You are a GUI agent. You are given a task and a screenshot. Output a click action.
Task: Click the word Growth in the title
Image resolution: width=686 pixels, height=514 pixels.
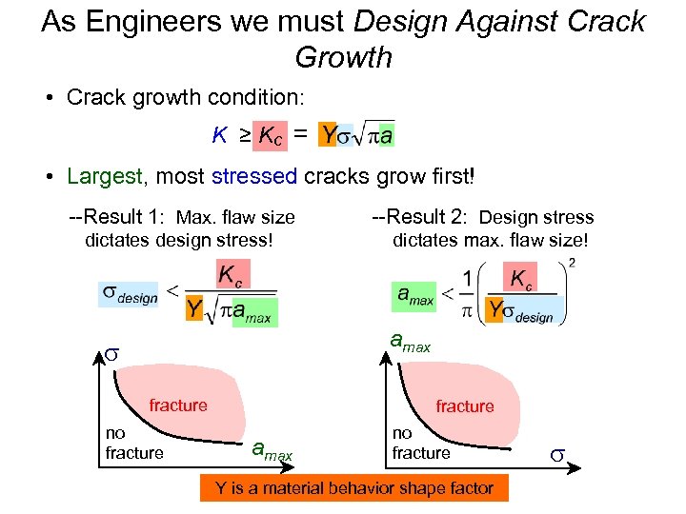(x=343, y=57)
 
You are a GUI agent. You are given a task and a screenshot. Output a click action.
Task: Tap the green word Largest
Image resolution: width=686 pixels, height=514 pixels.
(x=105, y=176)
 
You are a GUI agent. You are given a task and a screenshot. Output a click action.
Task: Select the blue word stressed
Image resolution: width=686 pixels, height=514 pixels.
(x=255, y=176)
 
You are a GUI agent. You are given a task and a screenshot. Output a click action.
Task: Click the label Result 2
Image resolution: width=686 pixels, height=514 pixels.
(x=419, y=218)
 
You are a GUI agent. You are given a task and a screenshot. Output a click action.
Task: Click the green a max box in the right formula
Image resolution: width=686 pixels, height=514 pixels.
(x=415, y=294)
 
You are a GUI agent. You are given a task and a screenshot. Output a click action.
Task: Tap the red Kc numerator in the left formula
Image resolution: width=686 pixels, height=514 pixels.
(x=232, y=276)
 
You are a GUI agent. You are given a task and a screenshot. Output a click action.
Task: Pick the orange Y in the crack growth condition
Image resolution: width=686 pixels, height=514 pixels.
(x=329, y=136)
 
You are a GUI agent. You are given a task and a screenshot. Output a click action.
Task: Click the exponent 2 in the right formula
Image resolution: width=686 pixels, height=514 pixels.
(x=571, y=263)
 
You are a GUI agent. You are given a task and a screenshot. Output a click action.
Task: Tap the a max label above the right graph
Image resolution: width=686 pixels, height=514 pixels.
(x=411, y=342)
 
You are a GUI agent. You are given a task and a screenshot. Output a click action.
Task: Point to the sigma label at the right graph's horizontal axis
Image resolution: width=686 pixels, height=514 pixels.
(x=558, y=454)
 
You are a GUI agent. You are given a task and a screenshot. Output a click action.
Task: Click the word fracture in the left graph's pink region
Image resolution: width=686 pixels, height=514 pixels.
(x=178, y=405)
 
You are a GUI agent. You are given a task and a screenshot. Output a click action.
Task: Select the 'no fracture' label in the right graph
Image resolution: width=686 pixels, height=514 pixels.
(x=421, y=445)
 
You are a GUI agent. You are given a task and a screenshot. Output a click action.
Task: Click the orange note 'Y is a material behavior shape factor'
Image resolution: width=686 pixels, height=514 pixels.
(x=354, y=488)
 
